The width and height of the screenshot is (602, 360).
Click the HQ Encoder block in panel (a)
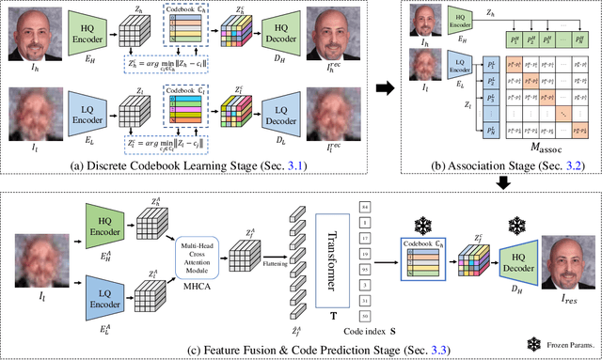coord(81,36)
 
